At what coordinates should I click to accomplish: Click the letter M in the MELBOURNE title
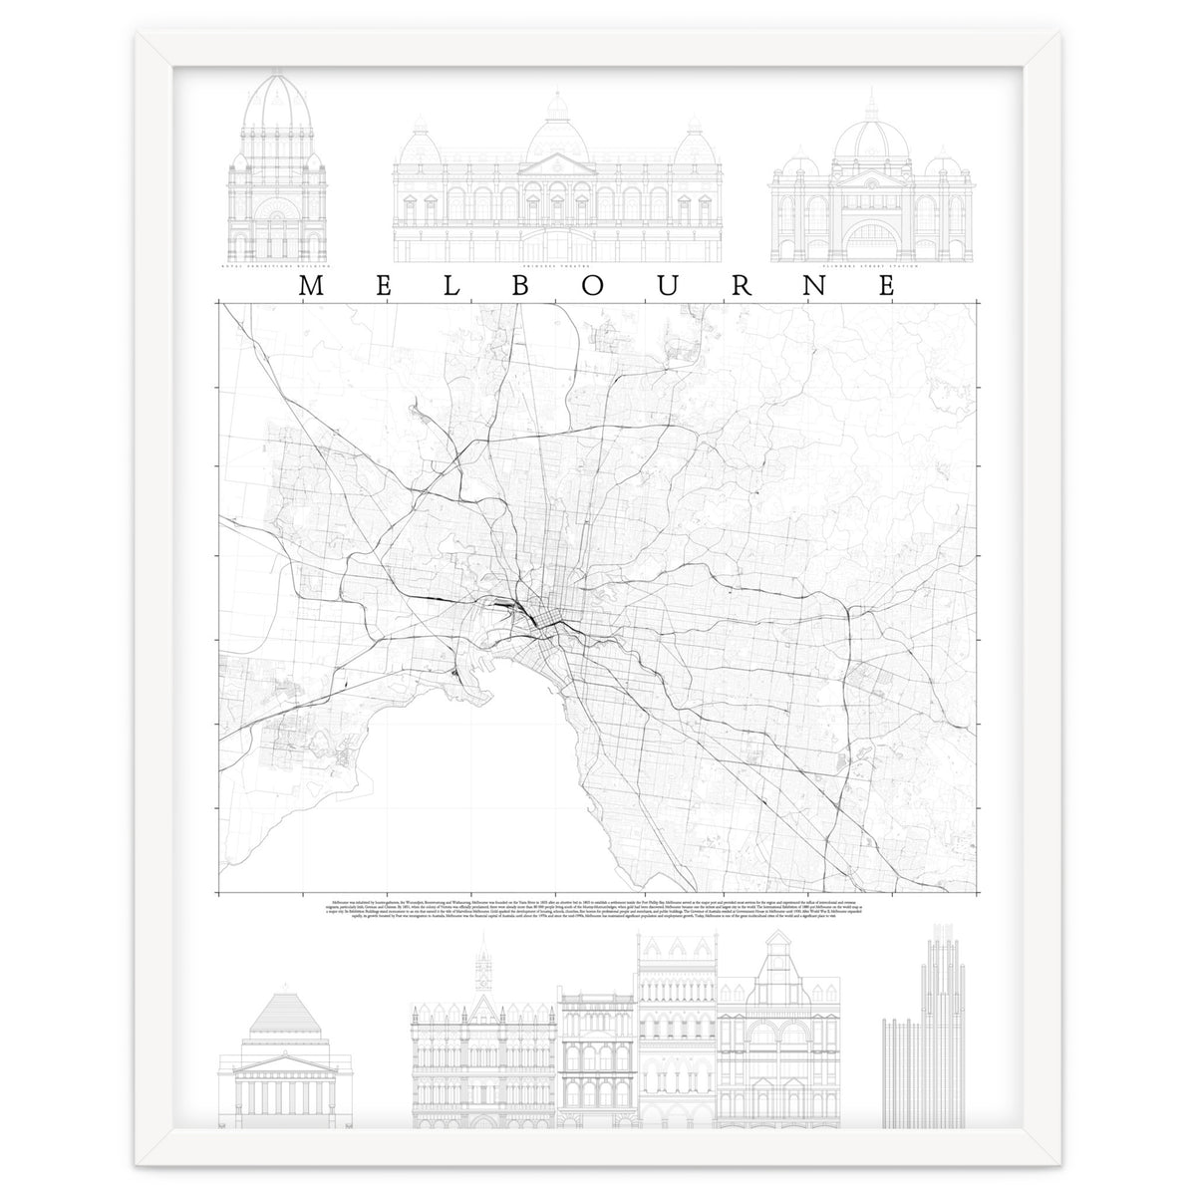tap(309, 286)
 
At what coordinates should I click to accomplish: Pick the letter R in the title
tap(744, 286)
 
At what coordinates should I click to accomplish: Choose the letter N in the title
tap(816, 286)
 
